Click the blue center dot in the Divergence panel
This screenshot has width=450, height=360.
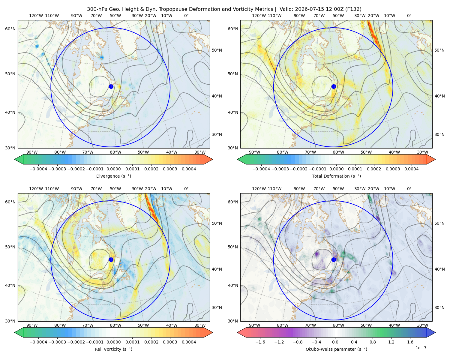click(x=111, y=86)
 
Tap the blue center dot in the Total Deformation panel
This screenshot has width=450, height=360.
click(x=334, y=86)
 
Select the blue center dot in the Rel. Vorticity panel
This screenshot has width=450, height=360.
click(x=111, y=259)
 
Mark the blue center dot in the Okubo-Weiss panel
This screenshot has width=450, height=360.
click(x=334, y=259)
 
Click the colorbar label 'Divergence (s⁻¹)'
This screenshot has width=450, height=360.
click(x=113, y=176)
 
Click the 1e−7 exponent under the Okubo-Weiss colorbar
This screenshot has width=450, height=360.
click(x=421, y=348)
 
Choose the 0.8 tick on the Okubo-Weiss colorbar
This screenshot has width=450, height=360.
click(x=373, y=342)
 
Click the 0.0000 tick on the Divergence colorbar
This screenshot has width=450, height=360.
click(x=113, y=169)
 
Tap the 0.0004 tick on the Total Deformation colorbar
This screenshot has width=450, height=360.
click(x=411, y=169)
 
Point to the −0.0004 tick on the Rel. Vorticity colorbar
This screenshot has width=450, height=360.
click(x=38, y=342)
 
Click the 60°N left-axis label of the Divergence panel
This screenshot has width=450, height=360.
click(x=10, y=29)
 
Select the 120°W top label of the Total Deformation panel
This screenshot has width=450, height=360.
click(x=259, y=16)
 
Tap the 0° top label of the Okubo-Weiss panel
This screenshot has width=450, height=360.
click(x=409, y=188)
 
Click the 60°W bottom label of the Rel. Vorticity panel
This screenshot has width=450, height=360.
click(x=115, y=325)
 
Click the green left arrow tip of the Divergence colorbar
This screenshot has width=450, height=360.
click(x=15, y=159)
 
